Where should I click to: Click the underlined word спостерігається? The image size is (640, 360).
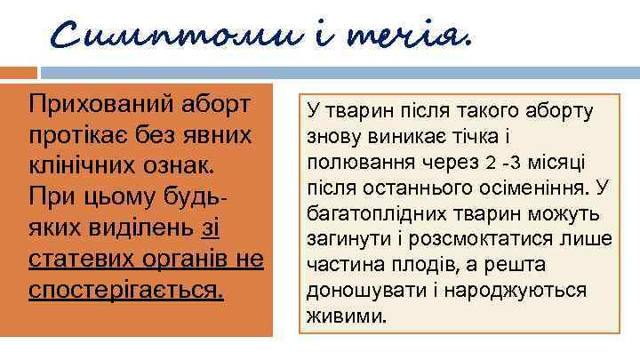126,291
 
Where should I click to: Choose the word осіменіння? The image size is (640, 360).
537,189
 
